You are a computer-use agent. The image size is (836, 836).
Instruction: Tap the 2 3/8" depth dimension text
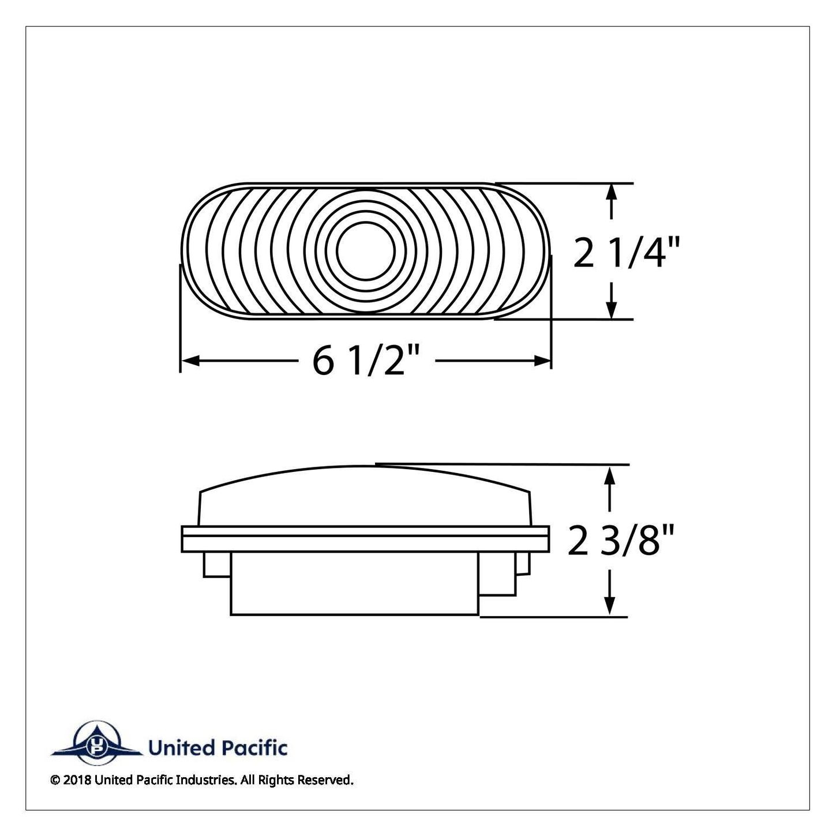[620, 539]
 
